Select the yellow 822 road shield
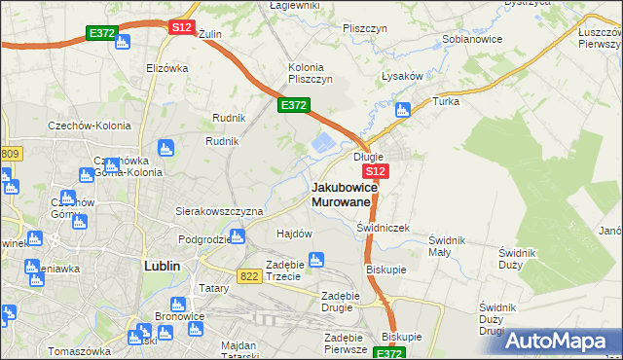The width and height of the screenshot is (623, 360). click(x=246, y=276)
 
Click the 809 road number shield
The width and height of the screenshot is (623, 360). click(x=11, y=154)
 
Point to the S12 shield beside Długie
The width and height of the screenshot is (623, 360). click(x=379, y=170)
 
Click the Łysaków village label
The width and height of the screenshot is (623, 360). click(x=401, y=79)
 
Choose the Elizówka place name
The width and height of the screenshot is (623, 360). click(x=166, y=68)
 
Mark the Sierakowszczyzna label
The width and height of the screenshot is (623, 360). click(x=219, y=210)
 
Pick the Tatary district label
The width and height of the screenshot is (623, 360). click(x=213, y=288)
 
